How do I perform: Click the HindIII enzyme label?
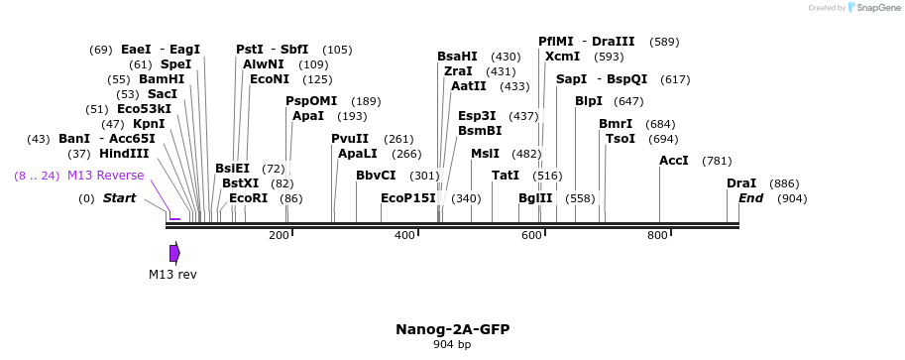click(124, 154)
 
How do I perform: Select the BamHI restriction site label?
click(162, 79)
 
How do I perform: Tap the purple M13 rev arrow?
click(174, 253)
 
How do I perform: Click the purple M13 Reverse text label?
click(106, 176)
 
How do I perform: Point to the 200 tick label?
click(279, 235)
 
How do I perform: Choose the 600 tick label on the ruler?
click(531, 235)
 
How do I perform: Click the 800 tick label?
click(657, 235)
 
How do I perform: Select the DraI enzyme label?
click(741, 183)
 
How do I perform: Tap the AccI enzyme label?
click(674, 161)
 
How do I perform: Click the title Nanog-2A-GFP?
click(452, 329)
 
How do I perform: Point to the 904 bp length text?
click(452, 345)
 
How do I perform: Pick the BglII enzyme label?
click(535, 198)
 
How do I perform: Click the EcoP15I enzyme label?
click(408, 198)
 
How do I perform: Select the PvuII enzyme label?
click(350, 139)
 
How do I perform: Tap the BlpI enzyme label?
click(589, 101)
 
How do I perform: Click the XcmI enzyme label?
click(562, 57)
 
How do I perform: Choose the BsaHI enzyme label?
click(457, 57)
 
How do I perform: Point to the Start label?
click(119, 198)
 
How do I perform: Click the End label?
click(751, 198)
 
